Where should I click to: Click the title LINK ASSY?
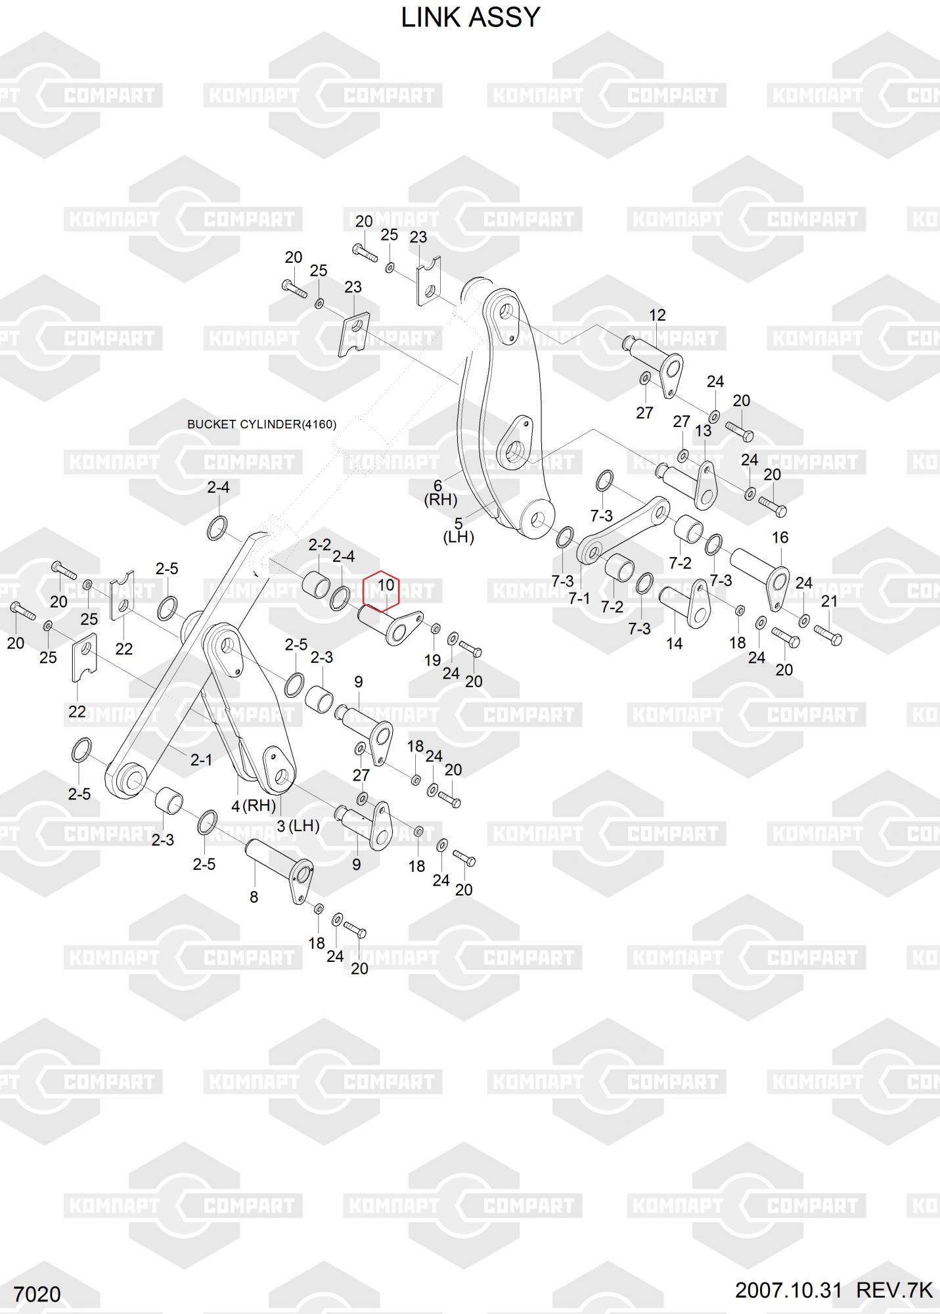pos(470,18)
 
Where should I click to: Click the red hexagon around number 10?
pos(381,590)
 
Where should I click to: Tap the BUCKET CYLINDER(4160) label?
pos(261,424)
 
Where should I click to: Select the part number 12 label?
pos(657,315)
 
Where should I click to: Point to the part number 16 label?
pos(780,538)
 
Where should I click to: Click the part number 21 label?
pos(830,601)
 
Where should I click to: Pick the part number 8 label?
pos(254,897)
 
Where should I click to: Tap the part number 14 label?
pos(675,643)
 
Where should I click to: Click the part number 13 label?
pos(704,431)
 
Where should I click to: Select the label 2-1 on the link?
pos(201,760)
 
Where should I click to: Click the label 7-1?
pos(579,599)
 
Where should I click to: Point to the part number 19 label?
pos(432,660)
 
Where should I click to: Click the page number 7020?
pos(37,1294)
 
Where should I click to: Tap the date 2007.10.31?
pos(788,1290)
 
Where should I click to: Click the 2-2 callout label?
pos(320,545)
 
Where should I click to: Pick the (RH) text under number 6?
pos(440,499)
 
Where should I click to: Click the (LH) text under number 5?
pos(458,537)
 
